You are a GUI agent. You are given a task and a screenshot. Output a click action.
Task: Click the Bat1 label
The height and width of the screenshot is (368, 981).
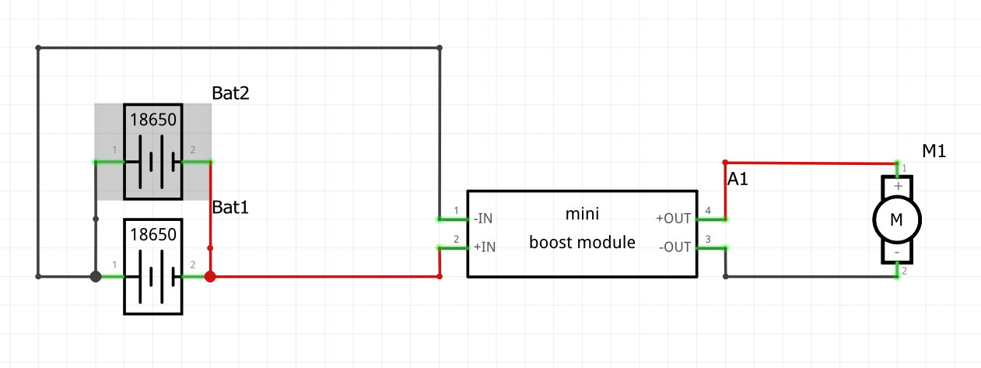(229, 208)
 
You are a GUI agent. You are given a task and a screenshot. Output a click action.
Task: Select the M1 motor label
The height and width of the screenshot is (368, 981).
(934, 151)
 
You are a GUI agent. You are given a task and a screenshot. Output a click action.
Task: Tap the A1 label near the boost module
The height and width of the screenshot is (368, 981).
(739, 180)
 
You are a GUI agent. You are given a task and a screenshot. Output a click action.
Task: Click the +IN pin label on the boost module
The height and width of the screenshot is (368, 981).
(484, 247)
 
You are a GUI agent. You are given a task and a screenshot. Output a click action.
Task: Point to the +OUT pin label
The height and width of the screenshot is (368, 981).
(674, 219)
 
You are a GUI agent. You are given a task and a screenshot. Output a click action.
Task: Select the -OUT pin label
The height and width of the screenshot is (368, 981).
(674, 247)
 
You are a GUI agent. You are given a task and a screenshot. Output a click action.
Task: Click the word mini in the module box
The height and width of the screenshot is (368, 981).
(582, 212)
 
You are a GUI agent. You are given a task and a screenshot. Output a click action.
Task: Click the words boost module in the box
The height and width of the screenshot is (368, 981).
(582, 242)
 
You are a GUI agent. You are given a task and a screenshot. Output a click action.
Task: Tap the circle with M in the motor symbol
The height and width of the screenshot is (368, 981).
(896, 220)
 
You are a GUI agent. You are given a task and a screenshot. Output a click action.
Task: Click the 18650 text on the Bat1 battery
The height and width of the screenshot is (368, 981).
(153, 233)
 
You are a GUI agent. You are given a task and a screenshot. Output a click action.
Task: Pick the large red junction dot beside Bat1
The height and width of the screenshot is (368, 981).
(209, 276)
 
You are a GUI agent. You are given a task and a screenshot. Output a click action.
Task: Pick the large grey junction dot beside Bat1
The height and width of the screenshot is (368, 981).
(96, 276)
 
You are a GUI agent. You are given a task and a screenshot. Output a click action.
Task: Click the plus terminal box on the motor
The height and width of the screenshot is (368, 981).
(898, 187)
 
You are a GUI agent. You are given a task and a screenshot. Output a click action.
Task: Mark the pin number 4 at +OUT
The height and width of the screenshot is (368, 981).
(708, 210)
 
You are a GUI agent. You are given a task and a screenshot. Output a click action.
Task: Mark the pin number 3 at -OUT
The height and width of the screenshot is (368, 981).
(708, 240)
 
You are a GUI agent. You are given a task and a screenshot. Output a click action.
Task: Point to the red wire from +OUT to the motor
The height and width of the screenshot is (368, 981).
(809, 163)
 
